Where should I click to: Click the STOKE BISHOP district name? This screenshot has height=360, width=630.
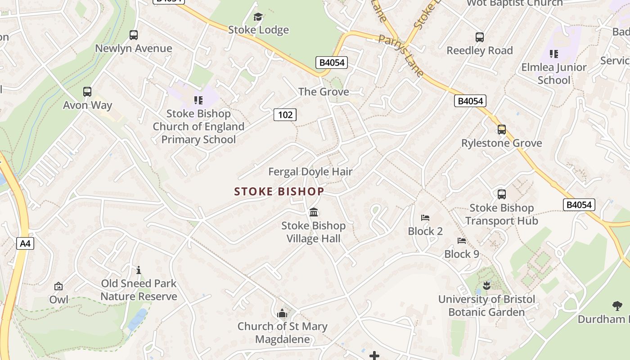coord(279,192)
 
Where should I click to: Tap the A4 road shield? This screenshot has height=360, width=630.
coord(25,244)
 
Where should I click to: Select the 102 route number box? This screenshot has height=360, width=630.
coord(285,115)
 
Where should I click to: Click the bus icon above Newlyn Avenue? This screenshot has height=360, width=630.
coord(133,35)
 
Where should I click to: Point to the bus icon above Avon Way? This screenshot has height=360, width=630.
coord(87,92)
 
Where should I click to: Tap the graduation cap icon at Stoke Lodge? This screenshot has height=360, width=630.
coord(258,17)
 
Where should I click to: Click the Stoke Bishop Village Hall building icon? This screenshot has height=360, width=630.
coord(314,212)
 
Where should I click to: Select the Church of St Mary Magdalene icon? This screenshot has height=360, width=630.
coord(282,313)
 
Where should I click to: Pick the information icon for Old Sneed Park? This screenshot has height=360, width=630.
coord(139,270)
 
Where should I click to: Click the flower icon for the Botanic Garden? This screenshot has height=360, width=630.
coord(486,285)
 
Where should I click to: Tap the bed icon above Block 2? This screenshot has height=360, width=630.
coord(425,218)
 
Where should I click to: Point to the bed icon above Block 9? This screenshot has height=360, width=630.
coord(461,240)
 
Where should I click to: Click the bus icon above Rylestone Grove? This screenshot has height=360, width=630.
coord(501,130)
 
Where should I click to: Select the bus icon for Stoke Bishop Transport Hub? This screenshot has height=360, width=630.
coord(501,194)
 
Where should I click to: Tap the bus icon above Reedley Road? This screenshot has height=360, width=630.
coord(479,37)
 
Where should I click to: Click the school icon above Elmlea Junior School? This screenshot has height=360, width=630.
coord(554,54)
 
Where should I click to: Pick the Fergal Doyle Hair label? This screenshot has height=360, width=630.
coord(310,171)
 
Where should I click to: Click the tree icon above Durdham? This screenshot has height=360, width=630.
coord(617,306)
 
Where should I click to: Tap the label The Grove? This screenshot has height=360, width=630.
coord(324,92)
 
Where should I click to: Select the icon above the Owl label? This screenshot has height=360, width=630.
coord(58,286)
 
